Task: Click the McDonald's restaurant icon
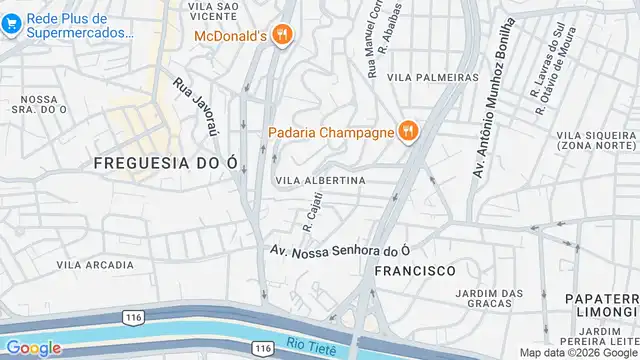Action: [284, 36]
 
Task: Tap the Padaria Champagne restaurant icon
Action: [407, 131]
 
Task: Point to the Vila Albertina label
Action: [320, 180]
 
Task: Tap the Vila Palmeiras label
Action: [433, 77]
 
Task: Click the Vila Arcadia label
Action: [95, 265]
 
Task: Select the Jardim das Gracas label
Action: [489, 299]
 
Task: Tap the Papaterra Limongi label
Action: [601, 306]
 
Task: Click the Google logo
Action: [33, 348]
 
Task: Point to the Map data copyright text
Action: [577, 353]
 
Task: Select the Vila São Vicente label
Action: [212, 12]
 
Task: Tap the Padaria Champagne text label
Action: [330, 131]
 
